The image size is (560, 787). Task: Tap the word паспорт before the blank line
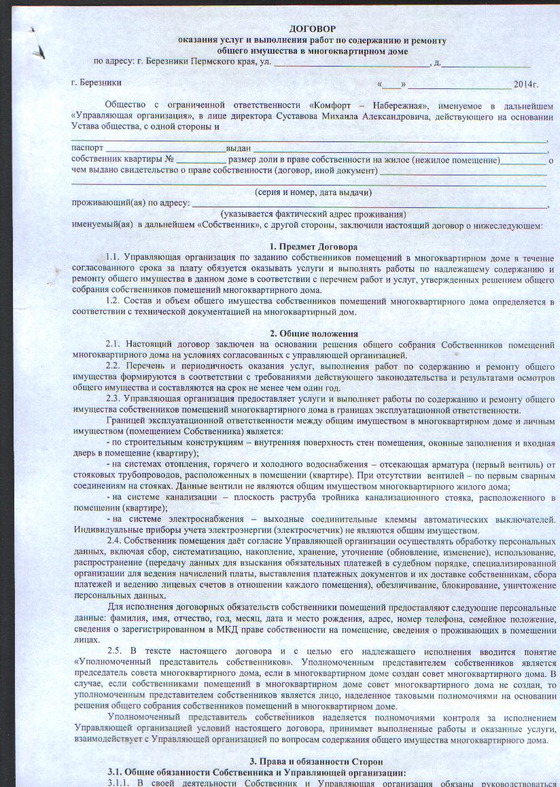(x=88, y=148)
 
